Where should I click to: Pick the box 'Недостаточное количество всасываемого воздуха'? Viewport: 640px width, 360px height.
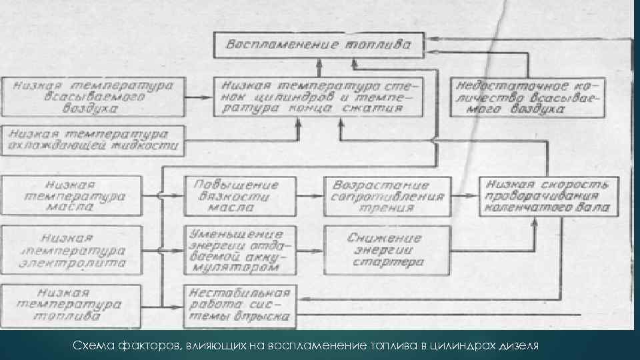(527, 97)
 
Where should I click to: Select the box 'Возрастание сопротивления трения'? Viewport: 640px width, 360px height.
(387, 196)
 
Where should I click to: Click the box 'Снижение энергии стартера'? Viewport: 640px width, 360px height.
(387, 250)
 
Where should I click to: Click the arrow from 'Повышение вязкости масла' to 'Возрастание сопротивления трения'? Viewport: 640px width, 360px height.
(311, 196)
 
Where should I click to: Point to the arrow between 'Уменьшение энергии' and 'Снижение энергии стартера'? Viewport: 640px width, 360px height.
(311, 250)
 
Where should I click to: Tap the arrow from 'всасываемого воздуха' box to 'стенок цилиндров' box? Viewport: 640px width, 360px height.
(196, 97)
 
